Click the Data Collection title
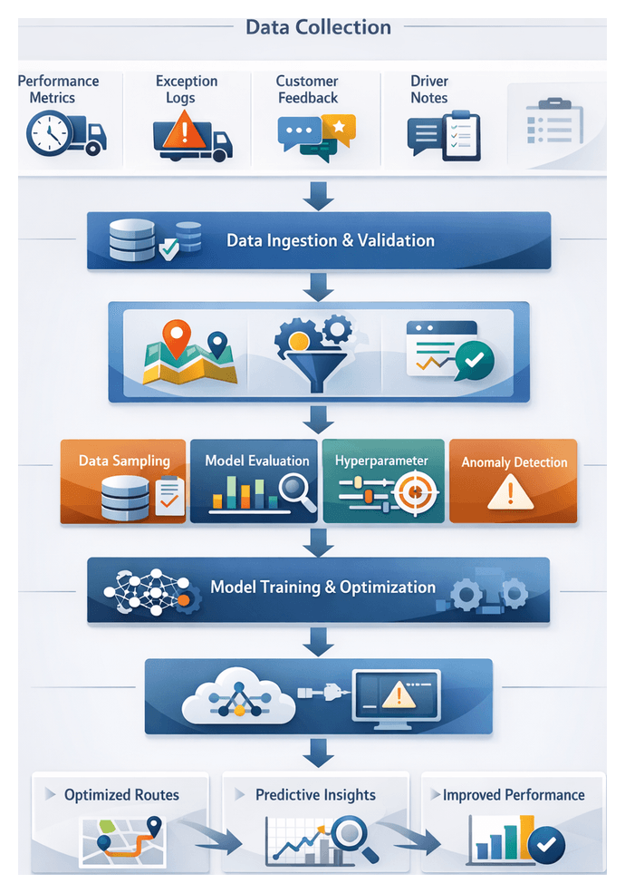pyautogui.click(x=318, y=27)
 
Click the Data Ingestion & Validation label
pyautogui.click(x=330, y=240)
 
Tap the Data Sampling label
pyautogui.click(x=124, y=461)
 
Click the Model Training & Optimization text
pyautogui.click(x=322, y=587)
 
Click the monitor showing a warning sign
pyautogui.click(x=396, y=696)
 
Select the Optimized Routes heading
pyautogui.click(x=121, y=795)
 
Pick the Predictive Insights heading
pyautogui.click(x=315, y=795)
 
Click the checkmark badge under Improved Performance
pyautogui.click(x=545, y=845)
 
